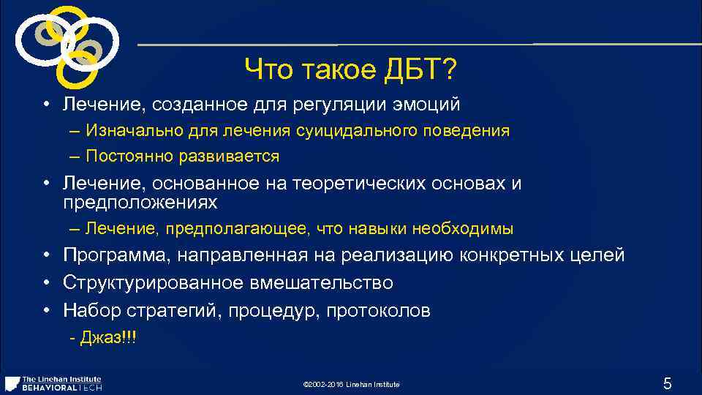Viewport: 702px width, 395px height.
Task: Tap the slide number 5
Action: pos(666,383)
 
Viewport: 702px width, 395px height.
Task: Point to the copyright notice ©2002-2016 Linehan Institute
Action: pos(350,385)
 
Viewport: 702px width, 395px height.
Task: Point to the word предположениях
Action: pos(140,201)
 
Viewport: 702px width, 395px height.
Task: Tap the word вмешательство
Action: pos(331,282)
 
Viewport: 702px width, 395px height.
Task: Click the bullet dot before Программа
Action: pos(45,255)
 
